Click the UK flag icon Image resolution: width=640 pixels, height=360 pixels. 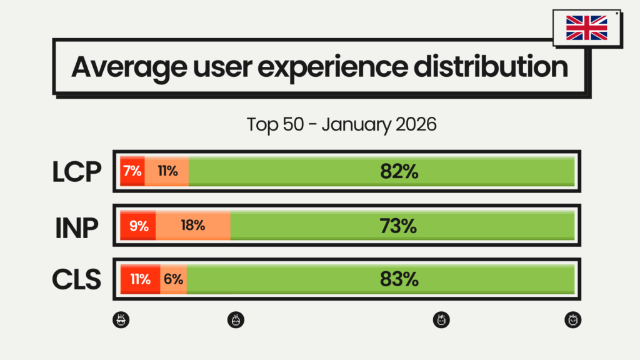[x=586, y=28]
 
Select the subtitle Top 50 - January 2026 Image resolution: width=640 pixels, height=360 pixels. [x=341, y=124]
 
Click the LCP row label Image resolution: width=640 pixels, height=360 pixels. [x=76, y=172]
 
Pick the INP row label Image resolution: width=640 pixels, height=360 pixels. [x=76, y=226]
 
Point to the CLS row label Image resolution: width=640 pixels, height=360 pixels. [x=76, y=279]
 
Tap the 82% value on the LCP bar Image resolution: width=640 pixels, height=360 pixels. [x=399, y=171]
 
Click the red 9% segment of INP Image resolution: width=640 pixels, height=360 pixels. [x=138, y=226]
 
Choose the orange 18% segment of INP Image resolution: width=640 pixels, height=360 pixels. [x=193, y=226]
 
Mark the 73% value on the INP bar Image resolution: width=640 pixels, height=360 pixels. [x=399, y=226]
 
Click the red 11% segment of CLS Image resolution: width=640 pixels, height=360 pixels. [x=140, y=279]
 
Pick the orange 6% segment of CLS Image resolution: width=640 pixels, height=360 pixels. [x=174, y=279]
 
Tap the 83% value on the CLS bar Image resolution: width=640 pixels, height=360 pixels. [x=399, y=279]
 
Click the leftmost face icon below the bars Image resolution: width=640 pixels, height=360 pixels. [x=121, y=320]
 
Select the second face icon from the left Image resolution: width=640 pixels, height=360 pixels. [x=236, y=320]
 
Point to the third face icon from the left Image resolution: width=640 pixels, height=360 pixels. [x=442, y=320]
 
